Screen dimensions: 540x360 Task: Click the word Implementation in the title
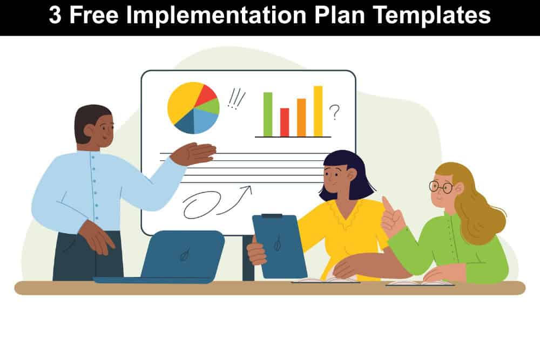pyautogui.click(x=217, y=16)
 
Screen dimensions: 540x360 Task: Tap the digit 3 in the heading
pyautogui.click(x=55, y=15)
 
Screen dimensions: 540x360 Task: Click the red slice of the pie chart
pyautogui.click(x=206, y=94)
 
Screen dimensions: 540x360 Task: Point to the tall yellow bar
pyautogui.click(x=318, y=111)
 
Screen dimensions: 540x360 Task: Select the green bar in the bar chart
pyautogui.click(x=268, y=114)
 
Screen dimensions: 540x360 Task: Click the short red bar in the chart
pyautogui.click(x=285, y=122)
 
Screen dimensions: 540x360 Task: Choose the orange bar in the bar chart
pyautogui.click(x=301, y=117)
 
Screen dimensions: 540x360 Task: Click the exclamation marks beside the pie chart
pyautogui.click(x=237, y=98)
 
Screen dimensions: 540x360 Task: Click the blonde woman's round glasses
pyautogui.click(x=441, y=187)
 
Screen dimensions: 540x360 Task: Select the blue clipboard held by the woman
pyautogui.click(x=279, y=246)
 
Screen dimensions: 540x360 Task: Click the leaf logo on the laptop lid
pyautogui.click(x=185, y=254)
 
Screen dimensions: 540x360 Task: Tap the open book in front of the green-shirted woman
pyautogui.click(x=420, y=283)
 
